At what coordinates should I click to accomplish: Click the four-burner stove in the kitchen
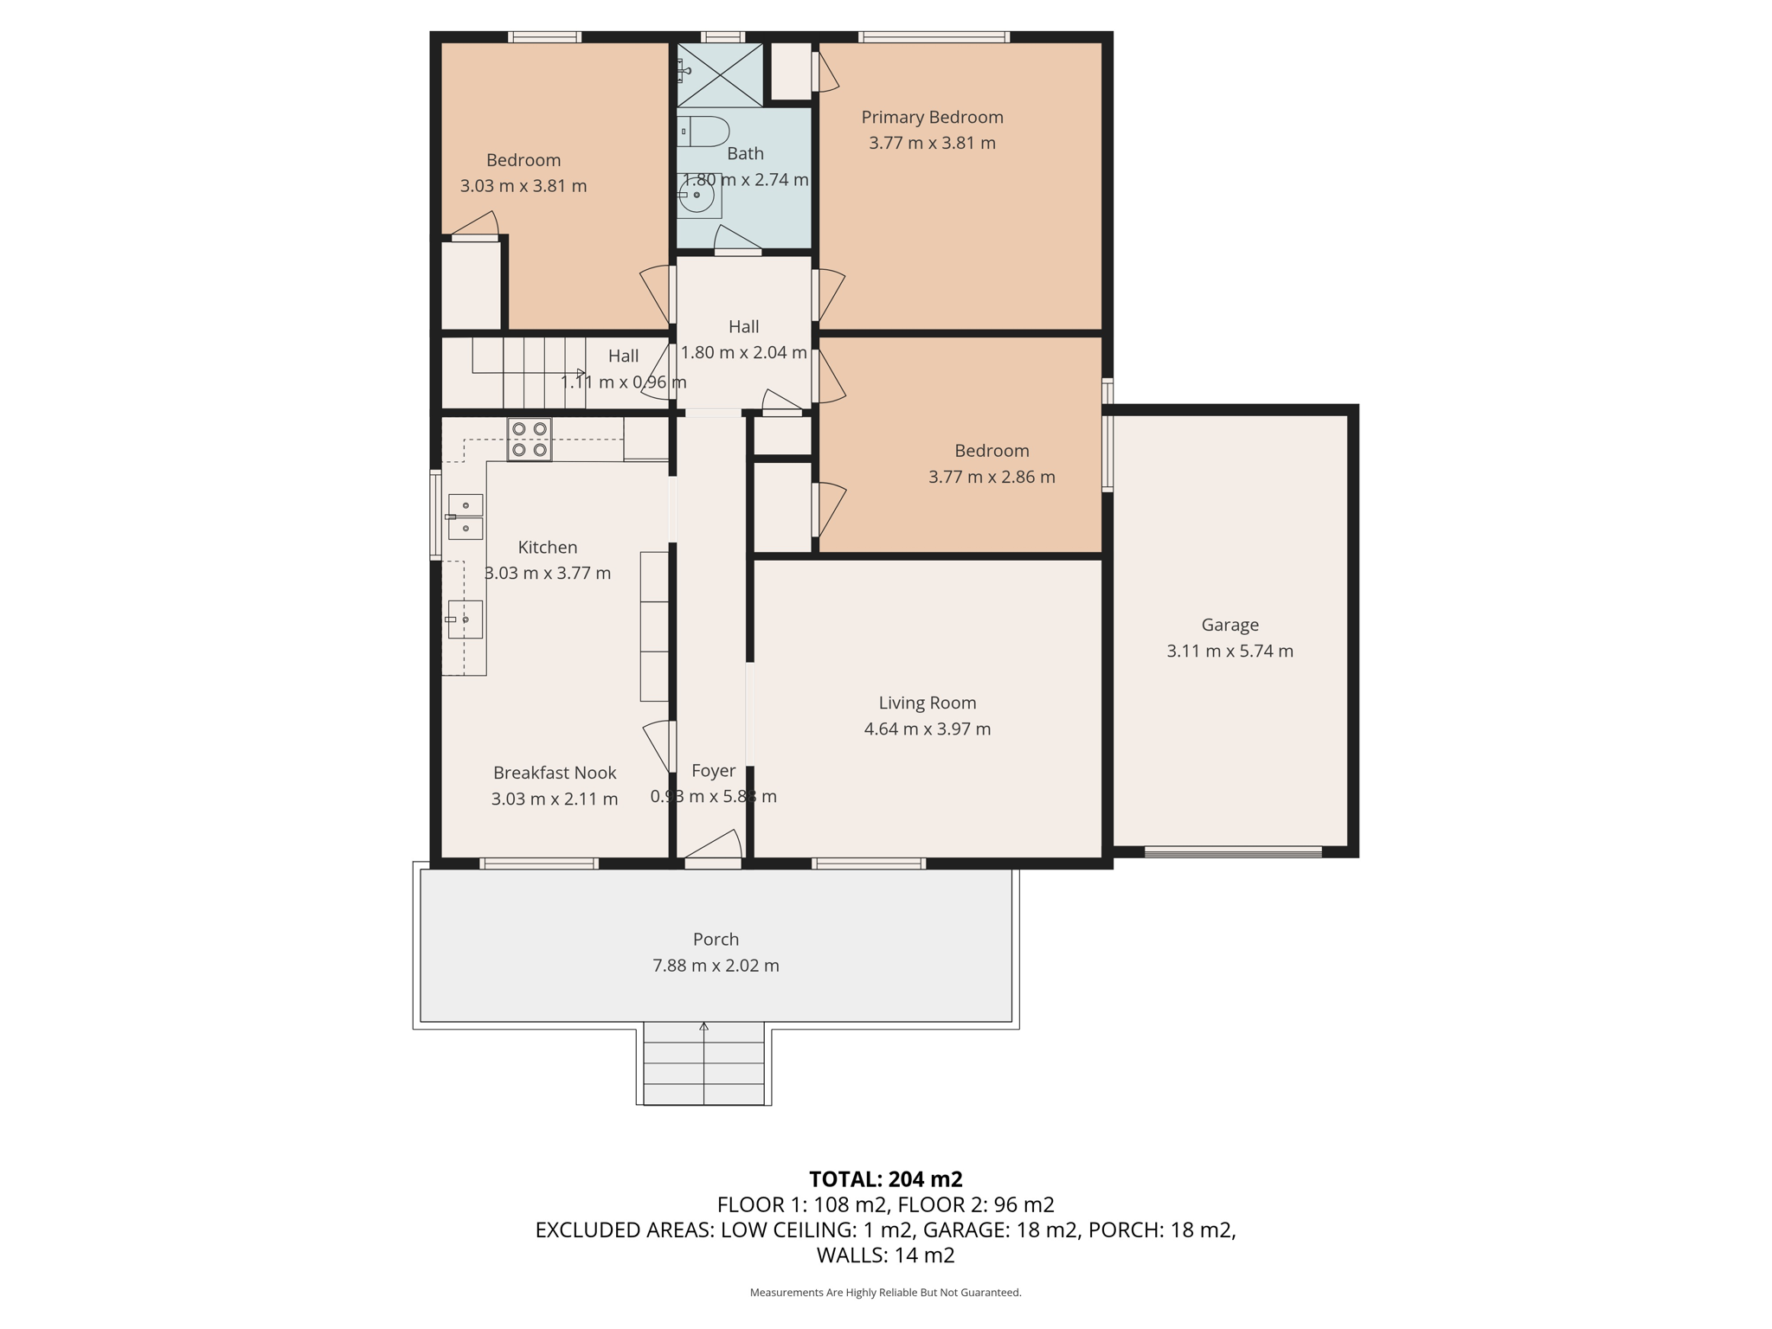pyautogui.click(x=529, y=440)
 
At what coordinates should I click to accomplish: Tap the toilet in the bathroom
pyautogui.click(x=703, y=132)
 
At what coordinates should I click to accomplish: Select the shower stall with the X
pyautogui.click(x=719, y=74)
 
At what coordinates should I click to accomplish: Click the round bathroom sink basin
pyautogui.click(x=697, y=196)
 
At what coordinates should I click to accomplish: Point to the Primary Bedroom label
pyautogui.click(x=932, y=118)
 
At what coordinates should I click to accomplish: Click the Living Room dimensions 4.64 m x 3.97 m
pyautogui.click(x=927, y=729)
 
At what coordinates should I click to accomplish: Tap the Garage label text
pyautogui.click(x=1229, y=625)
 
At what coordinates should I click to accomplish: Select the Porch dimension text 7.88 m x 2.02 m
pyautogui.click(x=716, y=966)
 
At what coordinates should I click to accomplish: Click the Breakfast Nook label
pyautogui.click(x=555, y=773)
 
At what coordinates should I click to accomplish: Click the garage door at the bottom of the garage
pyautogui.click(x=1232, y=852)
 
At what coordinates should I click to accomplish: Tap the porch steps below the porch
pyautogui.click(x=704, y=1064)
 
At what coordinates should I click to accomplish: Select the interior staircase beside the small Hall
pyautogui.click(x=528, y=372)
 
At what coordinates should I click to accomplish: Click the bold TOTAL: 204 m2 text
pyautogui.click(x=885, y=1179)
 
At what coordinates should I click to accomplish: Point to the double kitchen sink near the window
pyautogui.click(x=465, y=517)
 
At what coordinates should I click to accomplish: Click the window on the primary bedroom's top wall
pyautogui.click(x=934, y=36)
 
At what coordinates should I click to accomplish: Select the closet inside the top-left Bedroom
pyautogui.click(x=471, y=284)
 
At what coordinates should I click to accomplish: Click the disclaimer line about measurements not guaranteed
pyautogui.click(x=885, y=1293)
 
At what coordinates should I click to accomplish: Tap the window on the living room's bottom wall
pyautogui.click(x=869, y=863)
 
